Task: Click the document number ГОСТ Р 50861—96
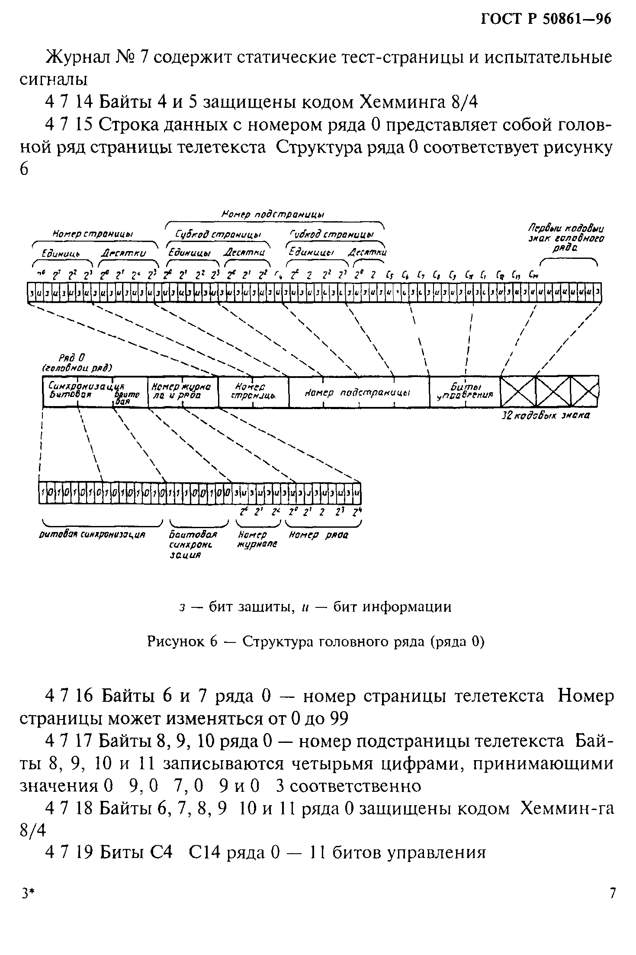coord(546,20)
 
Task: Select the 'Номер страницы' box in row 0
coord(254,391)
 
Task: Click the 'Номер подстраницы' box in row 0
coord(359,392)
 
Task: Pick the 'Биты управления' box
coord(465,391)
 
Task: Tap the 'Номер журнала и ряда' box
coord(183,391)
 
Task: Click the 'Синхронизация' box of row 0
coord(95,391)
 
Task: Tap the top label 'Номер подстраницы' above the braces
coord(273,215)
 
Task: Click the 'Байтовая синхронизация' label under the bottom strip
coord(193,545)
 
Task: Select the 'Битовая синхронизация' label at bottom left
coord(92,535)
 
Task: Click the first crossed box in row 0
coord(518,391)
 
